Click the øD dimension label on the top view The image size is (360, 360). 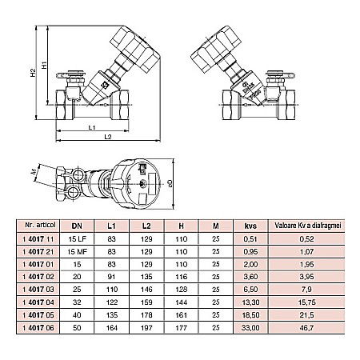[x=170, y=182]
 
